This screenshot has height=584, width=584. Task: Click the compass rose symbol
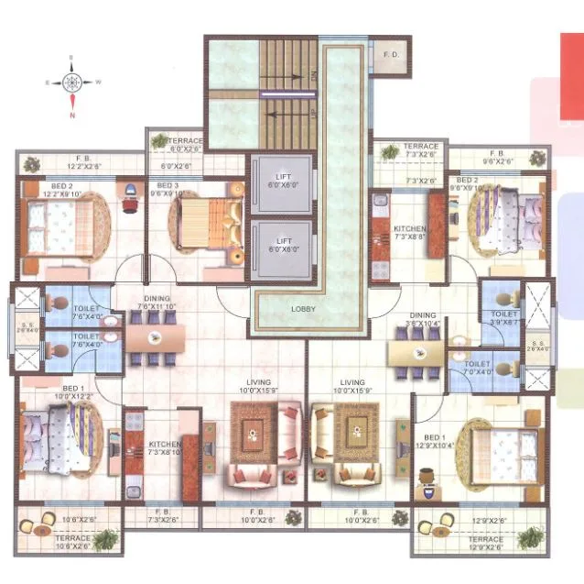[x=71, y=83]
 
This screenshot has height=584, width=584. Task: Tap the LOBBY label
[x=302, y=310]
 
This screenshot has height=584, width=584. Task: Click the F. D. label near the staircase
[x=391, y=54]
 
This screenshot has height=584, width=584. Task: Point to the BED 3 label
[x=169, y=189]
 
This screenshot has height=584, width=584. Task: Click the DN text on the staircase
[x=314, y=78]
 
